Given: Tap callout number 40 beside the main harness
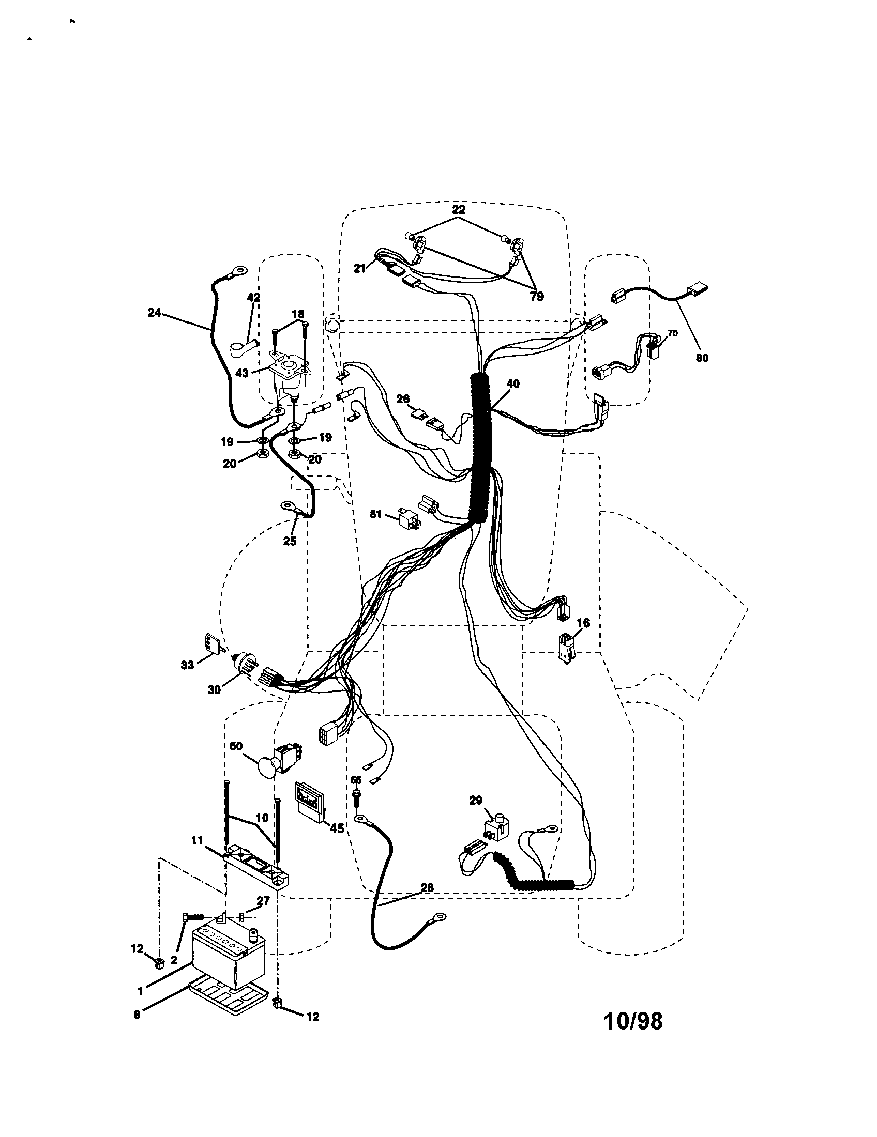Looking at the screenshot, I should pos(512,384).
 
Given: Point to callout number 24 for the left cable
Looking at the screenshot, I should pos(155,313).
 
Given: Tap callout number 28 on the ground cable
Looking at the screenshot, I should pos(427,887).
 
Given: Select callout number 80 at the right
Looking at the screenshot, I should pos(702,358).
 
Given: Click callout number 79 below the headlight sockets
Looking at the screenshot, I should pos(536,296).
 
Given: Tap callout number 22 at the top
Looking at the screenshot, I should pos(458,210).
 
